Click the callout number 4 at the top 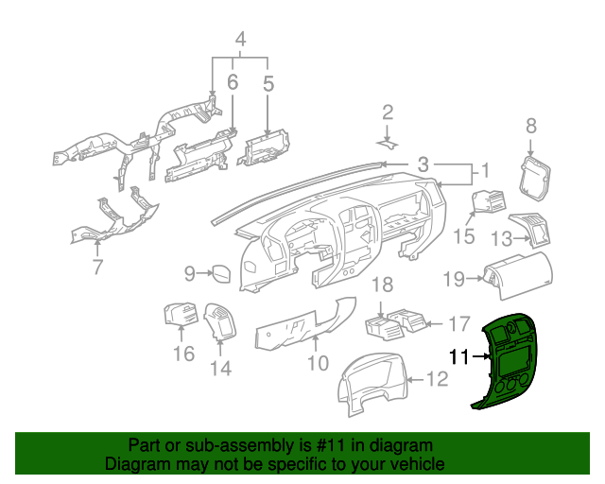(x=240, y=40)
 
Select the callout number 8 (x=530, y=125)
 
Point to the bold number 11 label (x=459, y=356)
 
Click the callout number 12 (x=437, y=380)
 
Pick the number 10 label (x=317, y=361)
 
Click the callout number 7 (x=97, y=268)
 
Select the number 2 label (x=387, y=112)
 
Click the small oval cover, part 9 (x=222, y=274)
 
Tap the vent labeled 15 (x=490, y=203)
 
